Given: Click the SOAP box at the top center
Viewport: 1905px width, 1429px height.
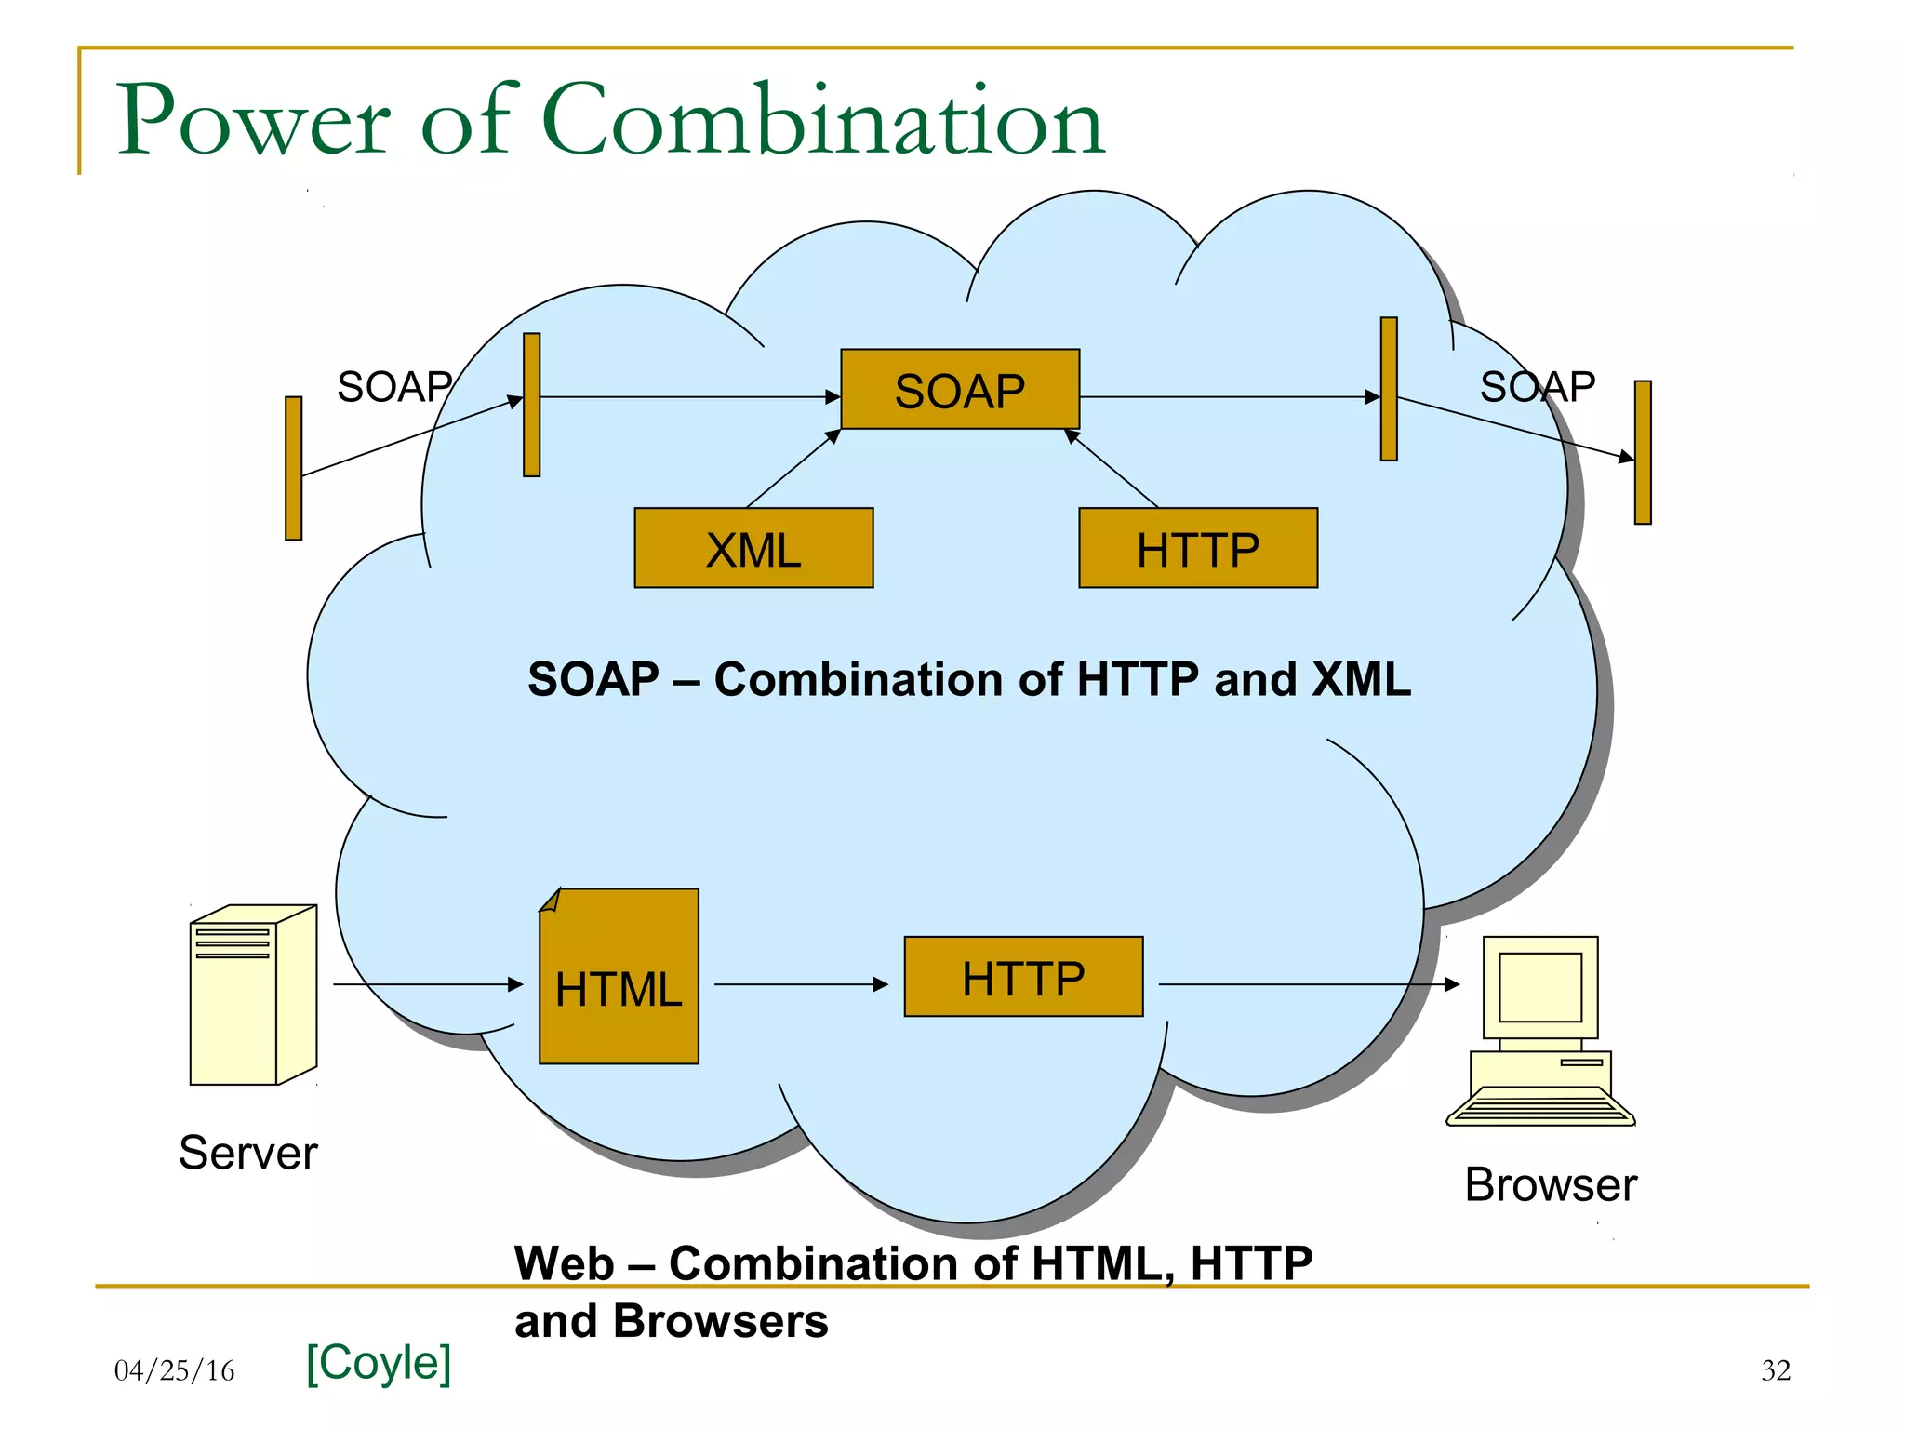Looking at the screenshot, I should [x=960, y=389].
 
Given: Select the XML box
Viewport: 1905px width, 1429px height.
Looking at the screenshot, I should [x=753, y=548].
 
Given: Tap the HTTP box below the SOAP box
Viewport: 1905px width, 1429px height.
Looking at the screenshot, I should [x=1198, y=548].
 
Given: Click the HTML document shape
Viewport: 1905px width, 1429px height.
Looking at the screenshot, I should [x=619, y=977].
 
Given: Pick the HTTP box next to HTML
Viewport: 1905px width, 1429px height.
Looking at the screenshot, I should [x=1023, y=977].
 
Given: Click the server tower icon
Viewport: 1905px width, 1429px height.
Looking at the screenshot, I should [x=252, y=995].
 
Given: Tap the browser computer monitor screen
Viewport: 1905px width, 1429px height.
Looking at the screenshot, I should [x=1540, y=987].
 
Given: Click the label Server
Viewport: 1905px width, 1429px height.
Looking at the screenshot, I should [x=247, y=1153].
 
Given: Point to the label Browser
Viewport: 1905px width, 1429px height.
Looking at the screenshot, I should [x=1551, y=1184].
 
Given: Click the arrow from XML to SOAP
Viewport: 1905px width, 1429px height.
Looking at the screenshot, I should [x=793, y=469].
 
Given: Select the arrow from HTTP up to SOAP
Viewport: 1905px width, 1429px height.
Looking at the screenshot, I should [x=1112, y=469].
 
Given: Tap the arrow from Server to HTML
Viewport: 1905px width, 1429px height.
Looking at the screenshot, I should [x=428, y=984].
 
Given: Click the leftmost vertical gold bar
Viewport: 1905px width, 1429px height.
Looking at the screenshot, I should [x=294, y=468].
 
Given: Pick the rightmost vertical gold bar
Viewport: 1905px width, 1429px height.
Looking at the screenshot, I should [x=1643, y=452].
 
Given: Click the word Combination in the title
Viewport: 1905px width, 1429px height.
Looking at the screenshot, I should [x=822, y=121].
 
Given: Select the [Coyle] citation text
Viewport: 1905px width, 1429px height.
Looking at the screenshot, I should [x=379, y=1362].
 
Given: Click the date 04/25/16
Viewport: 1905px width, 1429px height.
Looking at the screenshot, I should [x=174, y=1370].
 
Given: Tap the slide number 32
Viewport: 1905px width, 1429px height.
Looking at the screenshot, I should [x=1776, y=1370].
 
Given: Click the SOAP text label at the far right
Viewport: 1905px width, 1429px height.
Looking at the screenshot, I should [x=1537, y=386].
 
